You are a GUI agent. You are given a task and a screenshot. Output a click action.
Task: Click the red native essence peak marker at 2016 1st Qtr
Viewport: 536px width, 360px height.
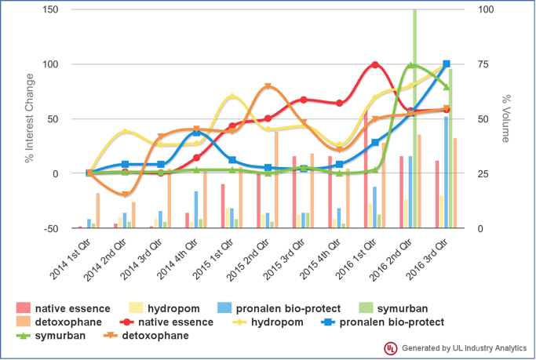click(x=375, y=64)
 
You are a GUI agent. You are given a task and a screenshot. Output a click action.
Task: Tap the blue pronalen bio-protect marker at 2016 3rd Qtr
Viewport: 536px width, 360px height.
click(x=447, y=64)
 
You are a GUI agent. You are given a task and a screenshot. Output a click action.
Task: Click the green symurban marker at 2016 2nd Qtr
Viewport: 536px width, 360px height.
click(x=411, y=66)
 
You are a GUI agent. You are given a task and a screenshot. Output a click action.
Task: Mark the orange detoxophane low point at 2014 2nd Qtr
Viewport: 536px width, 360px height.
click(x=125, y=194)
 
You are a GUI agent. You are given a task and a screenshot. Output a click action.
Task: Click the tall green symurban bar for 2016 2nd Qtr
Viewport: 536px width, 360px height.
click(x=414, y=118)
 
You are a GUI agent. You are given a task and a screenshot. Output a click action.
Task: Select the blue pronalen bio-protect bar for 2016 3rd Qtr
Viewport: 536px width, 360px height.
click(x=446, y=173)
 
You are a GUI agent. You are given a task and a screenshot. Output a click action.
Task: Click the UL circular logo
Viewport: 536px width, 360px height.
click(x=389, y=347)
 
